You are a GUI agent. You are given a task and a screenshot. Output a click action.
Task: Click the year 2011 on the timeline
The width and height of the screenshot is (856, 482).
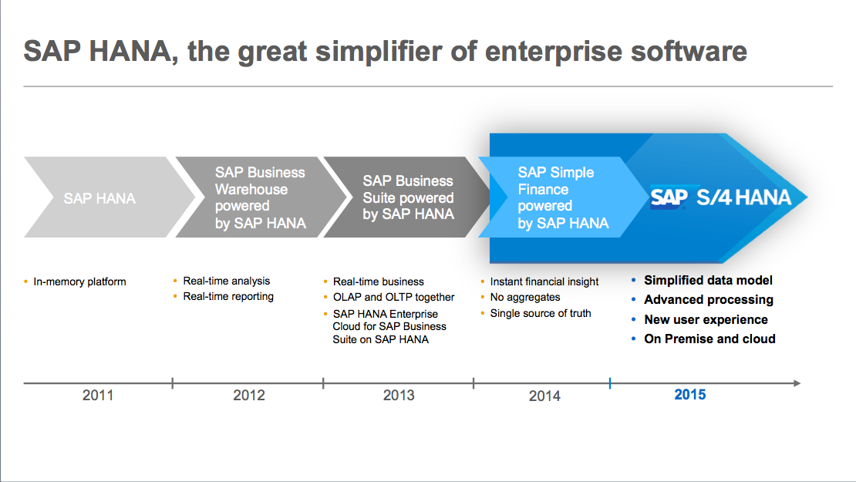tap(98, 396)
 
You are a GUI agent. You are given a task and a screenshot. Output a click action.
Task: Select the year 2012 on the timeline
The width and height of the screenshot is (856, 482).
tap(248, 396)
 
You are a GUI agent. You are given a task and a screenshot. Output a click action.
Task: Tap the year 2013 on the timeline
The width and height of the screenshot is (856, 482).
tap(399, 396)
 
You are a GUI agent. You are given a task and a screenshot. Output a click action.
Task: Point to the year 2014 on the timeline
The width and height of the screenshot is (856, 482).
tap(544, 396)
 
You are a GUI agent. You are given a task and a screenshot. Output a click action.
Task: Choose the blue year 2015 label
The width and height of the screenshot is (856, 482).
tap(689, 395)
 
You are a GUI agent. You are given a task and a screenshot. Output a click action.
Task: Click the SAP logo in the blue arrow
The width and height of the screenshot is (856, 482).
tap(668, 197)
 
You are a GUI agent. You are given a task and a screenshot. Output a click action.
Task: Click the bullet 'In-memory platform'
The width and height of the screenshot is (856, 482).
tap(79, 281)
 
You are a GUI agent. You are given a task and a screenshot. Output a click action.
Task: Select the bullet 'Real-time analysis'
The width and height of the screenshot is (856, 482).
tap(227, 281)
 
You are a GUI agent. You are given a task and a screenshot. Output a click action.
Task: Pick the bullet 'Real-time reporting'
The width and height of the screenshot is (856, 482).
tap(228, 296)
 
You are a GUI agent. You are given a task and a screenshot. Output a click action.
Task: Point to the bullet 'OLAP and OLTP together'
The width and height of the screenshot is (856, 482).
tap(393, 297)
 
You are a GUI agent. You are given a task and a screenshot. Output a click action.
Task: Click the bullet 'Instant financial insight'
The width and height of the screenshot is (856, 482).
tap(544, 281)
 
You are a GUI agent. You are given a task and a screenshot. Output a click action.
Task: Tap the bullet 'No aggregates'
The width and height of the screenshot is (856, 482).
tap(525, 297)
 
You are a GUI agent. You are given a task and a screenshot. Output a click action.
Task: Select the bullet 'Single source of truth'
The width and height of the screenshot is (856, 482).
tap(541, 313)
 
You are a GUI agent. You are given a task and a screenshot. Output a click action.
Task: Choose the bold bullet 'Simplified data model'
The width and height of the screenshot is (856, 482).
tap(708, 281)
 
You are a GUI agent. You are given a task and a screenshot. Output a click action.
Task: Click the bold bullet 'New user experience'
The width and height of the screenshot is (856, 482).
tap(706, 319)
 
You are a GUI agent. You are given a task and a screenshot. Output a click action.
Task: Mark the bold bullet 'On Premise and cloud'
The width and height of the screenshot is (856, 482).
tap(709, 339)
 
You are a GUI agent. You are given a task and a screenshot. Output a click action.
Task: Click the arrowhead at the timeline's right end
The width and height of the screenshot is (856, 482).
tap(797, 383)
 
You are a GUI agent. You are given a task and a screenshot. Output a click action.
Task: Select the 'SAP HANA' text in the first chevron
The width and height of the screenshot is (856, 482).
tap(99, 198)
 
